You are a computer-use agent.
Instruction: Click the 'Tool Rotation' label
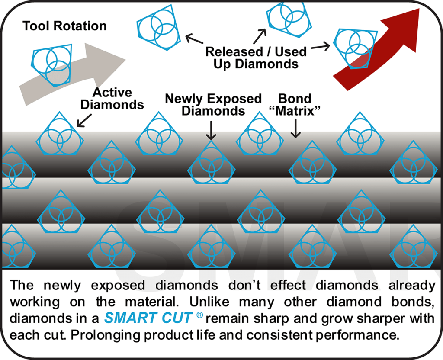click(x=64, y=26)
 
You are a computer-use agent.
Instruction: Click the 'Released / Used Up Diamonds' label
click(x=256, y=58)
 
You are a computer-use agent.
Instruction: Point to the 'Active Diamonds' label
click(x=112, y=99)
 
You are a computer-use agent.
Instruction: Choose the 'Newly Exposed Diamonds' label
click(x=213, y=105)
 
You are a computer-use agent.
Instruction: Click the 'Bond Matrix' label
click(x=295, y=105)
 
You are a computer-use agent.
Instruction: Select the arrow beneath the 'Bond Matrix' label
click(x=295, y=129)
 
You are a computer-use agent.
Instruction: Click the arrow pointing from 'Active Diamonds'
click(x=84, y=121)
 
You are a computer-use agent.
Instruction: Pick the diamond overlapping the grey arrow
click(x=51, y=65)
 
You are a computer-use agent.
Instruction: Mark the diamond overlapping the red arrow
click(x=356, y=48)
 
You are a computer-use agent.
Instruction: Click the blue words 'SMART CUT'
click(x=148, y=318)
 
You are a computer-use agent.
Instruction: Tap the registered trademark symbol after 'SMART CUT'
click(x=199, y=315)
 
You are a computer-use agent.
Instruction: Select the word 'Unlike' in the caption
click(x=209, y=302)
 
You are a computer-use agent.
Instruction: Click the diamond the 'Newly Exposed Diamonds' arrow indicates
click(x=211, y=162)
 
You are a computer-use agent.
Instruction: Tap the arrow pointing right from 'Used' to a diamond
click(x=321, y=47)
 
